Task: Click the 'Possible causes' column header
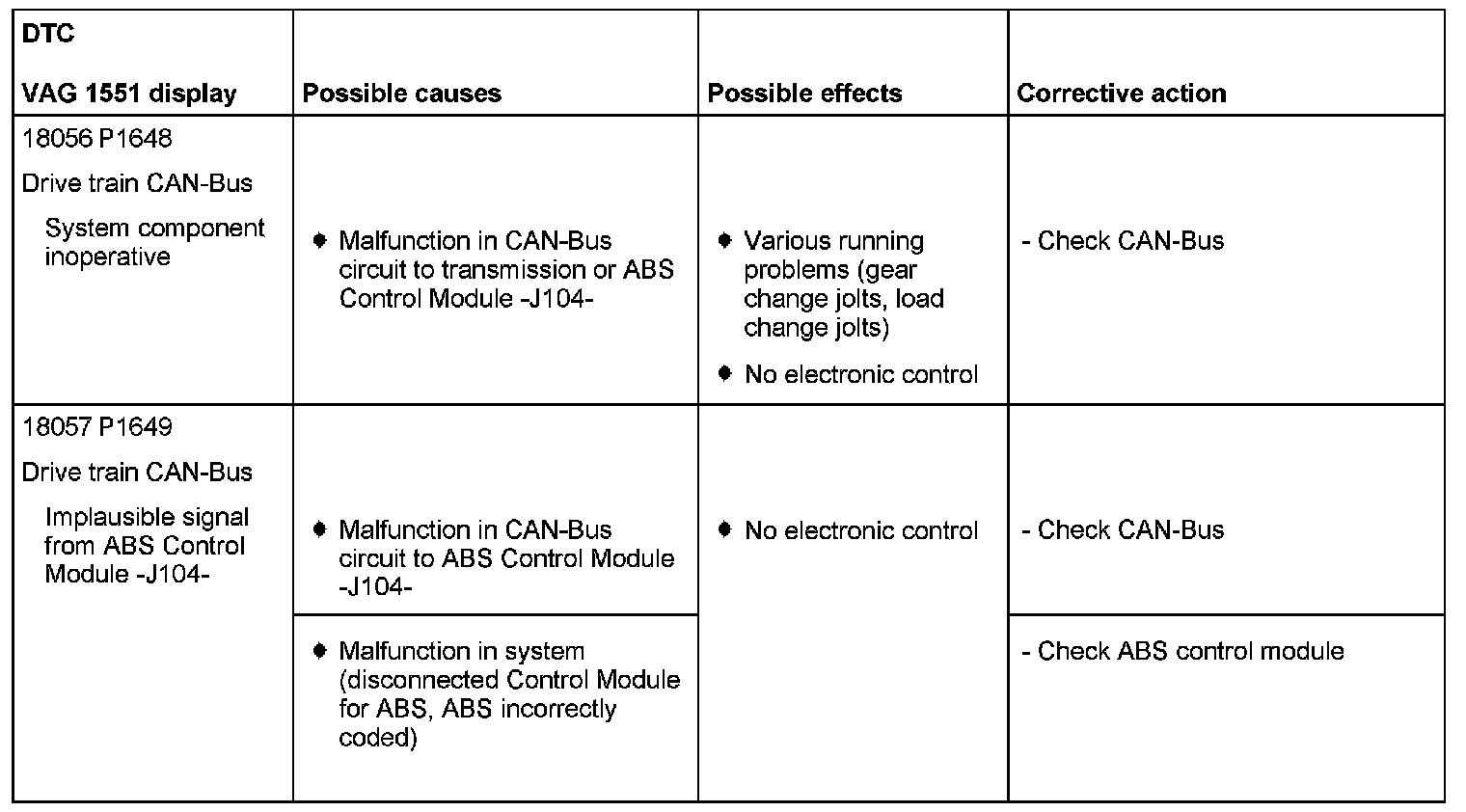point(401,94)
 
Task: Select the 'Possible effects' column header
point(804,94)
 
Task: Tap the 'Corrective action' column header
point(1121,94)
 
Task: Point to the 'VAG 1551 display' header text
point(129,94)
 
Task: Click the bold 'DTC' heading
point(47,35)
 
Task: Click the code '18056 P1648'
point(96,139)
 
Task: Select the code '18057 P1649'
point(96,427)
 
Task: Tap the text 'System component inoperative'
point(153,243)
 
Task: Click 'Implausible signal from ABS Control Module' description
point(147,546)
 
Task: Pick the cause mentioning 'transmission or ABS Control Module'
point(505,270)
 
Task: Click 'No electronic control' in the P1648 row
point(860,374)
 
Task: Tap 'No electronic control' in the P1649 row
point(860,530)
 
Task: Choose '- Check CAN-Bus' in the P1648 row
point(1123,241)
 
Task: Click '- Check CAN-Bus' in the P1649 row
point(1123,530)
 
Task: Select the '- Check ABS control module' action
point(1182,652)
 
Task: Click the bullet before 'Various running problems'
point(725,240)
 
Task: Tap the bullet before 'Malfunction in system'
point(320,651)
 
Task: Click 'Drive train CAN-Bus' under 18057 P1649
point(137,473)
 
